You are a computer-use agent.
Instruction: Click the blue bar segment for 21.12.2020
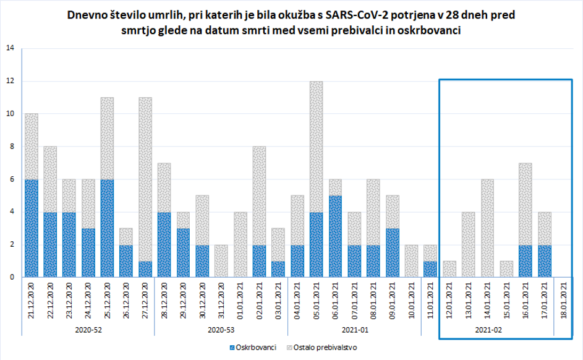32,228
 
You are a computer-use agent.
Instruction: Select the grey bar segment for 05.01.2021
316,147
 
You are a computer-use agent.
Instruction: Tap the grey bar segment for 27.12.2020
145,179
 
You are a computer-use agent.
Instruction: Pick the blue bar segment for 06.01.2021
335,236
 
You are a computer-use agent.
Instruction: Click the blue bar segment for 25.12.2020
108,228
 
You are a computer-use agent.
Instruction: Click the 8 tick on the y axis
11,147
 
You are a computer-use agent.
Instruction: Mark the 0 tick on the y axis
11,277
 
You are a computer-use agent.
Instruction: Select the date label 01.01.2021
240,301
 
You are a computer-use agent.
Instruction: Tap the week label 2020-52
88,330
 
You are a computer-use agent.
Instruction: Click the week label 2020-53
221,330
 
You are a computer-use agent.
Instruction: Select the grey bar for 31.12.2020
221,260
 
